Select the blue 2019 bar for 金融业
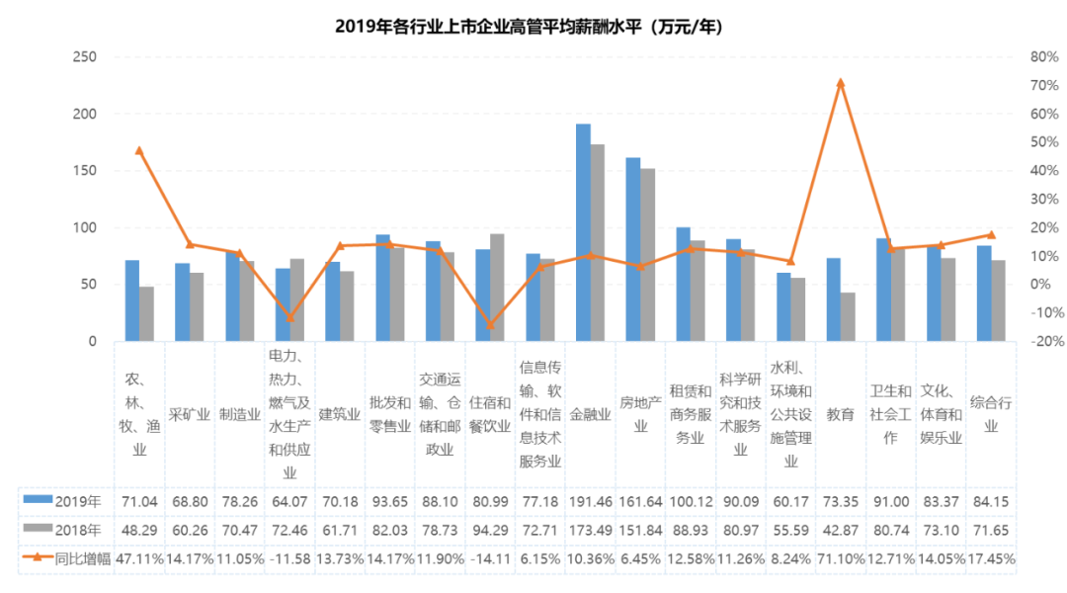point(584,232)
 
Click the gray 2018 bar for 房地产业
point(647,255)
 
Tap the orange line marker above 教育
point(841,83)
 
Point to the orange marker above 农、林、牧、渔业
point(139,150)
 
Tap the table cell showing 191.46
point(590,500)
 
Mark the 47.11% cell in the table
point(139,557)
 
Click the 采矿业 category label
point(190,415)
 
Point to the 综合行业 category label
point(990,415)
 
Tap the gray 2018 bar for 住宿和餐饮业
point(497,288)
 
